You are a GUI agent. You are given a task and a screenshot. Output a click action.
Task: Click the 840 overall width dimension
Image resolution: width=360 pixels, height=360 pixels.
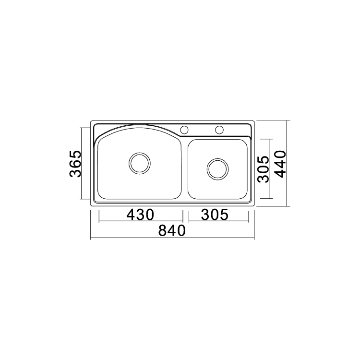point(172,230)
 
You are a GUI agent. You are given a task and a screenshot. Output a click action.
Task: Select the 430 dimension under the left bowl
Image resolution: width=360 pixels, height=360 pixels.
point(140,215)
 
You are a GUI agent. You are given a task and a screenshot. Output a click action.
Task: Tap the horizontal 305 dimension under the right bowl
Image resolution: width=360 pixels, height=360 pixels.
point(215,215)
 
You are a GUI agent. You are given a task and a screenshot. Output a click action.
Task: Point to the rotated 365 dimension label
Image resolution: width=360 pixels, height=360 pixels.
point(75,164)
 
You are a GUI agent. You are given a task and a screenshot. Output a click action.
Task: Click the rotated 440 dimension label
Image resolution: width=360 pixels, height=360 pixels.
point(280,164)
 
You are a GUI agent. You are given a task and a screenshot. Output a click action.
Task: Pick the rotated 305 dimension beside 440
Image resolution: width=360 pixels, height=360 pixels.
point(263,169)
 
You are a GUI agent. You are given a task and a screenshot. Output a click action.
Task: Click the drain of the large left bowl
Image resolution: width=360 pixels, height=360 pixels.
point(140,163)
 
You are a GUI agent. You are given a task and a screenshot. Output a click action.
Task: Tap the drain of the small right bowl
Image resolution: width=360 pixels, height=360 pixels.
point(217,169)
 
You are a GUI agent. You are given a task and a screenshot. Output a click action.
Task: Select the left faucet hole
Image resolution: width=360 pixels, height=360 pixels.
point(184,130)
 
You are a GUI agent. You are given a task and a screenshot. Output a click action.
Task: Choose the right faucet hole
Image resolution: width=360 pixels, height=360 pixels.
point(219,130)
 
